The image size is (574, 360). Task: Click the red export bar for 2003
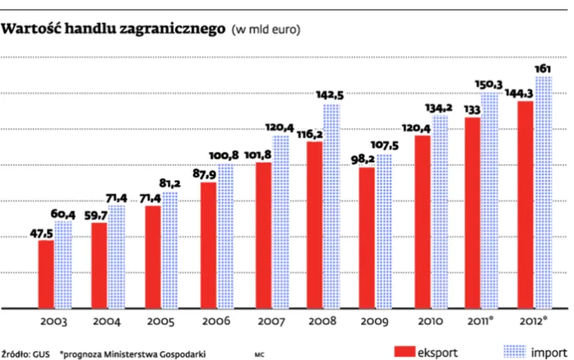[x=46, y=275]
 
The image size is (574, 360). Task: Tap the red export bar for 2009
[x=367, y=238]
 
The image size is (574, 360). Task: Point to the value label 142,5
[x=329, y=95]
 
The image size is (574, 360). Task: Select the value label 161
[x=544, y=67]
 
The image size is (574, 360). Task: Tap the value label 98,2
[x=363, y=159]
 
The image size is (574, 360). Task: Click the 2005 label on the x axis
[x=160, y=322]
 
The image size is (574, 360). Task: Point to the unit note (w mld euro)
[x=266, y=31]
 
